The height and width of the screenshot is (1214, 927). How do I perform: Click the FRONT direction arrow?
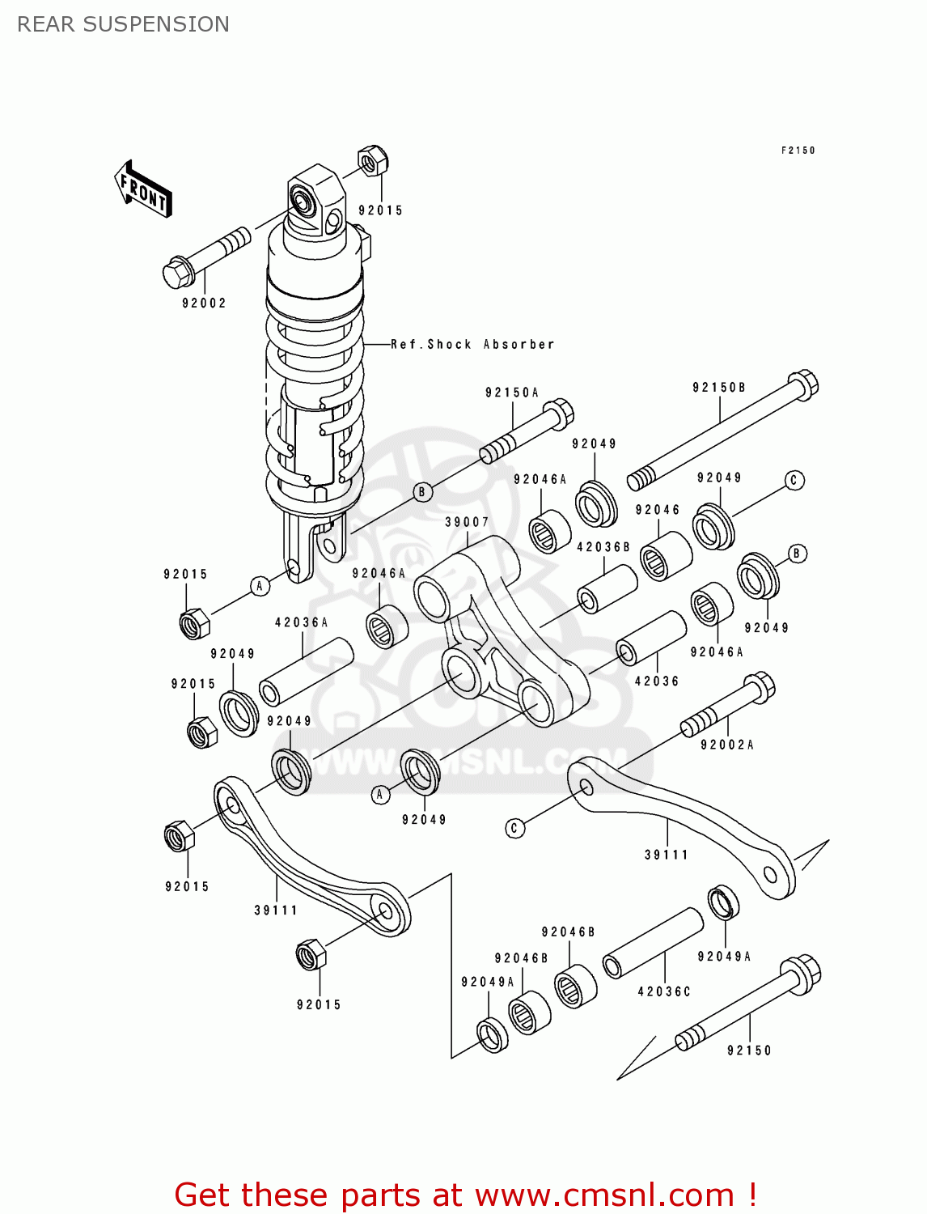point(143,189)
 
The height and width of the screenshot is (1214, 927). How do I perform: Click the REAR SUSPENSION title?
point(123,24)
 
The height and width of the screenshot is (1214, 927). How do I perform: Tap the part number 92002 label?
point(204,303)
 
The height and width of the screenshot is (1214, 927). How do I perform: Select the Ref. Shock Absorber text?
point(472,345)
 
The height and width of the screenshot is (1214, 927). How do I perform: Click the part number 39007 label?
point(467,522)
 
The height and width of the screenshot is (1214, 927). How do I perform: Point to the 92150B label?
point(718,388)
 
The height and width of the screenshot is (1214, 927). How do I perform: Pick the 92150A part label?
point(511,393)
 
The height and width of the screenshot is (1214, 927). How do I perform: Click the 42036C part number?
point(664,991)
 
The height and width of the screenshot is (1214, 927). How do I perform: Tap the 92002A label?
point(726,745)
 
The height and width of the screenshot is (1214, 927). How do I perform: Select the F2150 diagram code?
point(798,151)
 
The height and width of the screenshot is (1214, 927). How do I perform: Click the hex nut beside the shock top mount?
point(372,160)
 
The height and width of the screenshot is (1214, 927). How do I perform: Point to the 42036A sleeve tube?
point(306,672)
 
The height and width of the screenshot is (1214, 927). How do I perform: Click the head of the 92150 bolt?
point(801,974)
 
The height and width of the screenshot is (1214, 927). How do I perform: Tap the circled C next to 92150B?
point(794,480)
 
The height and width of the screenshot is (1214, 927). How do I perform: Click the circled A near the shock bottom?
point(260,586)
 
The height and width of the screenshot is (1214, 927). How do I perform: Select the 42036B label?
point(603,547)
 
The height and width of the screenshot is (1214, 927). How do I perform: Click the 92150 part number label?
point(749,1051)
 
